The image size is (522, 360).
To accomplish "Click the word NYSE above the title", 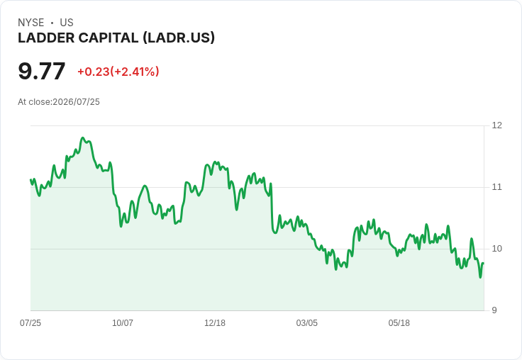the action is (31, 23).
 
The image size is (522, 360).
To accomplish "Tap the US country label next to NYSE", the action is (67, 23).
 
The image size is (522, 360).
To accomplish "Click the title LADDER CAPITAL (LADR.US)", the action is (116, 38).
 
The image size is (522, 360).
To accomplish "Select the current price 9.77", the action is (42, 71).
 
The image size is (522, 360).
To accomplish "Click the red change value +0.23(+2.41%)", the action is (118, 72).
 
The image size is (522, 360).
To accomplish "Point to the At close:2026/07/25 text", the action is (59, 102).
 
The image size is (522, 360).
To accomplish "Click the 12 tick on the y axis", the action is (496, 125).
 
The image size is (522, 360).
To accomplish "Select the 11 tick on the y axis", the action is (496, 187).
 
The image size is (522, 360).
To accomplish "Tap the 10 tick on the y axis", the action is (496, 249).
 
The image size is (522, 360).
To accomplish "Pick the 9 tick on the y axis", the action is (494, 310).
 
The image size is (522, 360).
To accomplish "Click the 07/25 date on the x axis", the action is (30, 322).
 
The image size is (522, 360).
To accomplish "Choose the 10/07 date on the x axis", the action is (123, 322).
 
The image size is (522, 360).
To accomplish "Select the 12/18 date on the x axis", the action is (215, 322).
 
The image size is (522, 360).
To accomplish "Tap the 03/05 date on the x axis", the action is (307, 322).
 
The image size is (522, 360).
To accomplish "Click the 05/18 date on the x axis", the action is (399, 322).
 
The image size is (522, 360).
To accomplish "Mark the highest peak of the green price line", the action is (83, 137).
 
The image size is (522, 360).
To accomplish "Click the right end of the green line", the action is (484, 263).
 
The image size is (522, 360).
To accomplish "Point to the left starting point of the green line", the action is (30, 180).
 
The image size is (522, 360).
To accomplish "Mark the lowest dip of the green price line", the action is (480, 277).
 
